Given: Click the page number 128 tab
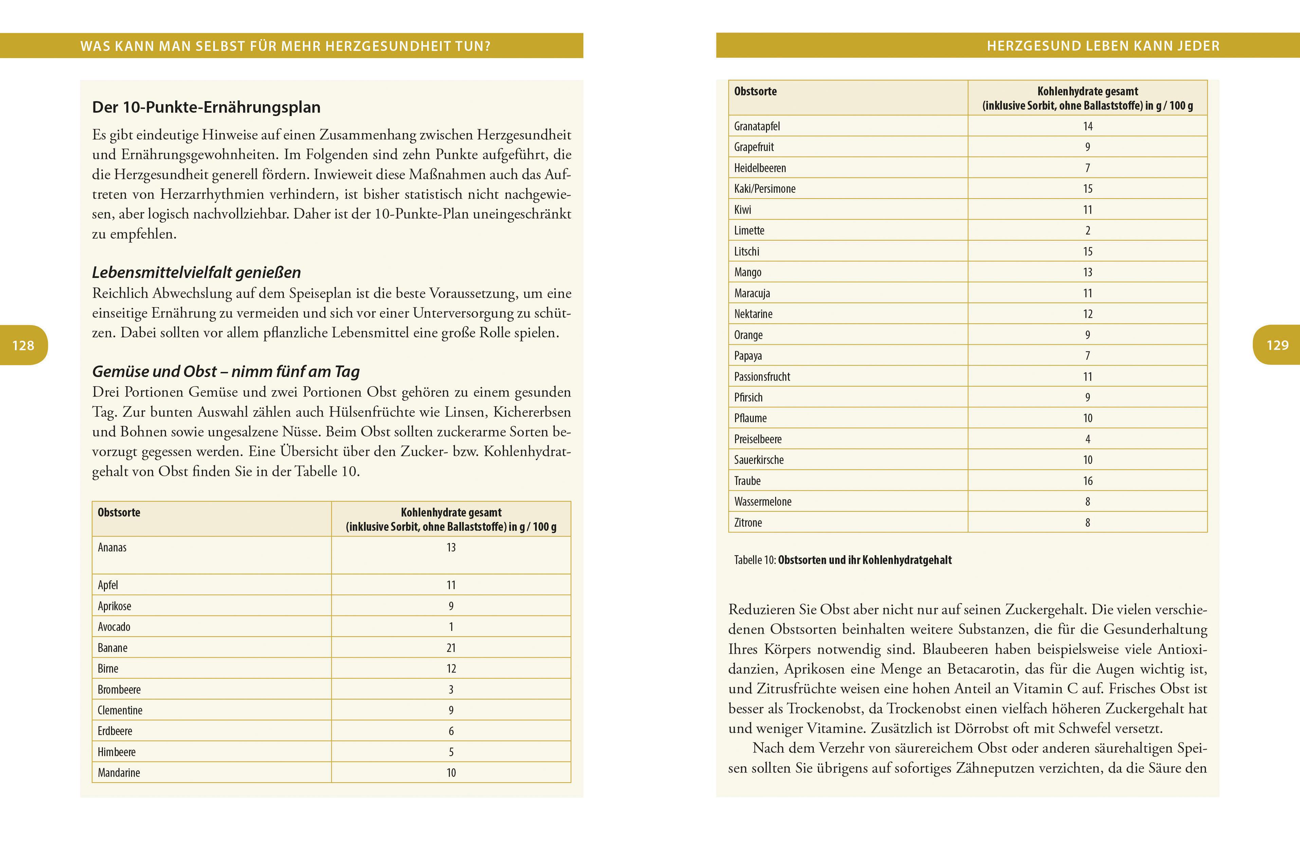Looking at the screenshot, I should (x=23, y=345).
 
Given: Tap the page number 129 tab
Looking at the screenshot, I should (x=1277, y=345).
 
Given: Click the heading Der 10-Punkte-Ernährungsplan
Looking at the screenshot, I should (x=206, y=107).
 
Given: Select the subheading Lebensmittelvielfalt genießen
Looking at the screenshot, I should (x=196, y=273).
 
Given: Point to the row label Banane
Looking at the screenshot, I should (x=112, y=648).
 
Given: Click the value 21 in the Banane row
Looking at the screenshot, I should (x=451, y=648).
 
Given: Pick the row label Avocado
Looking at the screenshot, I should (x=114, y=627).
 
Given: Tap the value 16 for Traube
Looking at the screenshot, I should (x=1087, y=481).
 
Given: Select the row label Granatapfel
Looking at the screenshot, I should (x=756, y=126).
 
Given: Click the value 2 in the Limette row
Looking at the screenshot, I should (x=1087, y=231).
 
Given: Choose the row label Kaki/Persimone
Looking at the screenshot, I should (x=764, y=189).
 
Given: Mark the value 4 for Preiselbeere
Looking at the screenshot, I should (x=1087, y=439).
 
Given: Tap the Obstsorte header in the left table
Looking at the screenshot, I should (x=119, y=512).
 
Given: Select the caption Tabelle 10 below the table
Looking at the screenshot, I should (x=842, y=560).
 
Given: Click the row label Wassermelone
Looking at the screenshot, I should (x=763, y=501).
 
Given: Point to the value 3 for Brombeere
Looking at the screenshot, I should (x=451, y=690).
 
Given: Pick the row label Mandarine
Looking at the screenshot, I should (x=119, y=773).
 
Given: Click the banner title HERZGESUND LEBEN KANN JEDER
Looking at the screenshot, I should (x=1103, y=46).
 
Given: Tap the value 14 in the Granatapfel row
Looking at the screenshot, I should (x=1087, y=126).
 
